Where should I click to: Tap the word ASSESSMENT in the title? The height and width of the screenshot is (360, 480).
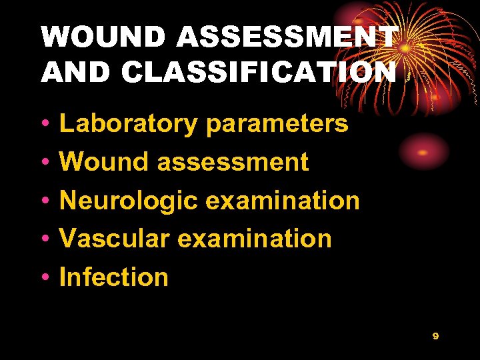(289, 37)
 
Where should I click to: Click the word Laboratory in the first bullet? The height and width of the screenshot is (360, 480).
(129, 123)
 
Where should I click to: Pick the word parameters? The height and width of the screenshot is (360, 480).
(277, 123)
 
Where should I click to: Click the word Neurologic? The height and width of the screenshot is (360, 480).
(129, 200)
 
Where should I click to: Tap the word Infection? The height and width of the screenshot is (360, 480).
(114, 277)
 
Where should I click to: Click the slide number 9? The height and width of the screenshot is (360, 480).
(435, 336)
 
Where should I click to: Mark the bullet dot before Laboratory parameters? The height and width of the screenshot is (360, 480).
(44, 125)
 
